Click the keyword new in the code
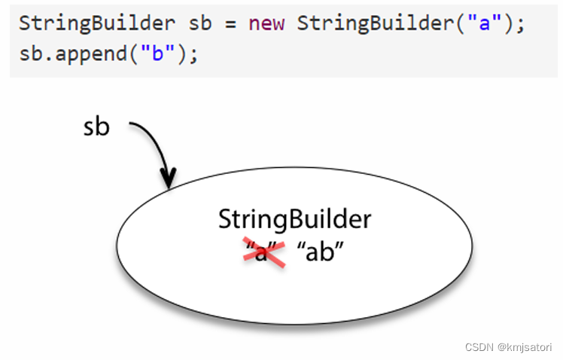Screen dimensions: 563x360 point(266,23)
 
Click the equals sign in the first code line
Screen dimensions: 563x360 point(229,23)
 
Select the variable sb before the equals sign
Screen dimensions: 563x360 point(199,23)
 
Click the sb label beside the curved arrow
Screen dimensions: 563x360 point(96,127)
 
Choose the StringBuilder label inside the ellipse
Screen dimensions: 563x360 point(294,219)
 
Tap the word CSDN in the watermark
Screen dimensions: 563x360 point(479,346)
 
